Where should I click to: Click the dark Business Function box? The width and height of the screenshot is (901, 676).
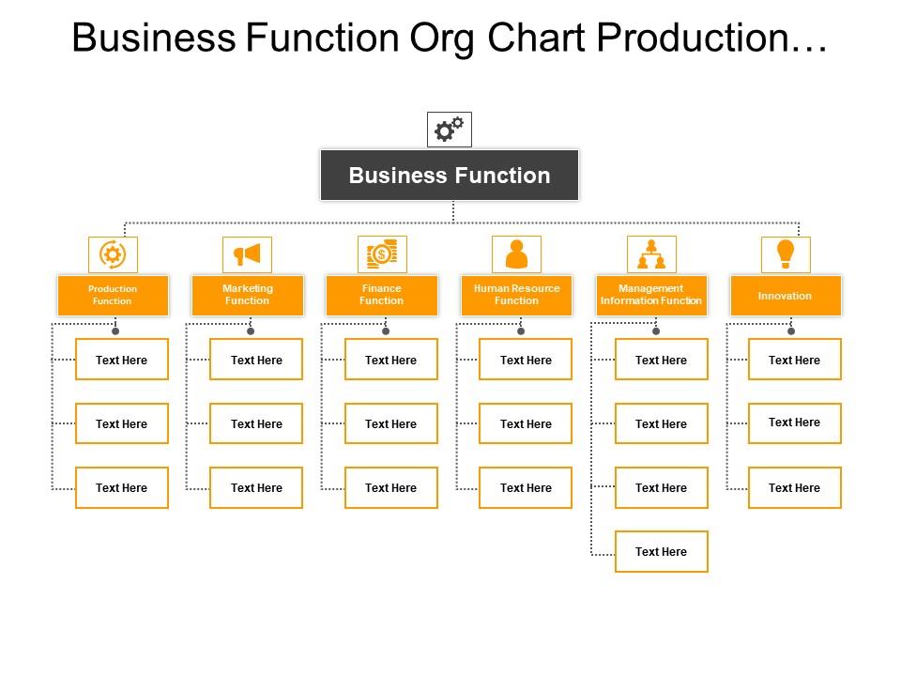tap(450, 176)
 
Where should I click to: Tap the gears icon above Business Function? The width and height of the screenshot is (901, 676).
tap(450, 130)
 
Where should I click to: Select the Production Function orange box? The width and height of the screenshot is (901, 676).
tap(113, 295)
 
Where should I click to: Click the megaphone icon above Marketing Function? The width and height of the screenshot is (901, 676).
tap(247, 254)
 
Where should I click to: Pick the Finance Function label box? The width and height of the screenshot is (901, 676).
tap(382, 295)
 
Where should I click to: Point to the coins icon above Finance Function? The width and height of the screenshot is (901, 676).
tap(382, 254)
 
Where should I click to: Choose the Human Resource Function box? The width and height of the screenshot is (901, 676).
tap(516, 295)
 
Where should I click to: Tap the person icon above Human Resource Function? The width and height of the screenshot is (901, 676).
tap(516, 254)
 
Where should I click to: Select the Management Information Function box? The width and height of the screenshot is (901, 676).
tap(651, 295)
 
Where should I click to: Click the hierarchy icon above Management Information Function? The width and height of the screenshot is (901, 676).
tap(651, 254)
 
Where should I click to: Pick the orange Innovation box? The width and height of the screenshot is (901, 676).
tap(786, 295)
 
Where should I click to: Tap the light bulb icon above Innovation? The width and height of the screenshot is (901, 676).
tap(786, 253)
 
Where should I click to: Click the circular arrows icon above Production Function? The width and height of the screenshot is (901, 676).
tap(113, 254)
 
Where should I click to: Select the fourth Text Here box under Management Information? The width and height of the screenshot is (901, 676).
tap(661, 551)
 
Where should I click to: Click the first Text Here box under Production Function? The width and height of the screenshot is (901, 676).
tap(122, 360)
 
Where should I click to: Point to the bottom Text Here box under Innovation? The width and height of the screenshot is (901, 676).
tap(794, 487)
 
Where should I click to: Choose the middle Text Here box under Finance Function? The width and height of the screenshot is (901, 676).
tap(390, 423)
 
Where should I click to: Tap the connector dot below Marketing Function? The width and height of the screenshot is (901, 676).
tap(251, 331)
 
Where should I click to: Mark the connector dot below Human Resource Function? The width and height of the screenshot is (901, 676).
tap(521, 331)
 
